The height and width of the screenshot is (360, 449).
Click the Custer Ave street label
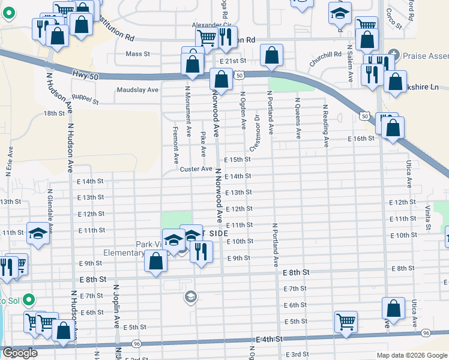point(196,169)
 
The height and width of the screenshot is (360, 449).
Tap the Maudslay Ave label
point(137,89)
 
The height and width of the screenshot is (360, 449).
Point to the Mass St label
point(137,54)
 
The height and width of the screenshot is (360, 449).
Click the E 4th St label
point(269,339)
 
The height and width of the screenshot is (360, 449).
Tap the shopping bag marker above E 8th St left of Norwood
point(155,262)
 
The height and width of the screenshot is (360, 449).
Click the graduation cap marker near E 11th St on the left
point(38,233)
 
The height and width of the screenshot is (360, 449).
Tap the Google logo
point(20,353)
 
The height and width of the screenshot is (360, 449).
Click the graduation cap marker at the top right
point(340,13)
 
